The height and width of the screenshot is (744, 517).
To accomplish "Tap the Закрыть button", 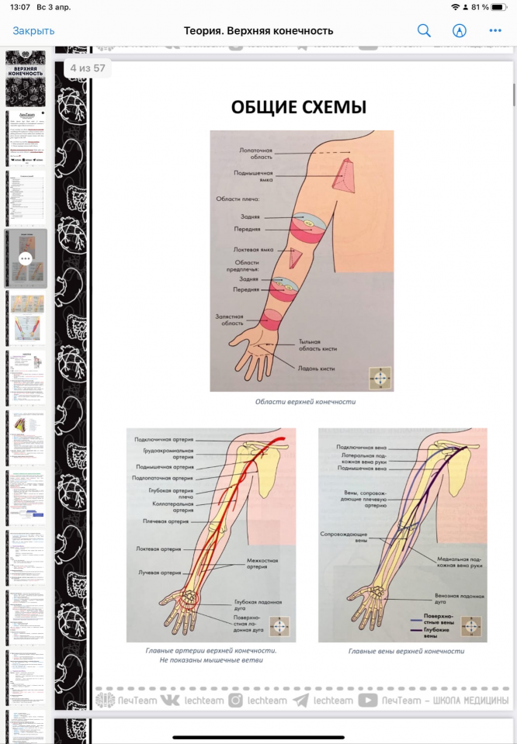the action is [x=33, y=31].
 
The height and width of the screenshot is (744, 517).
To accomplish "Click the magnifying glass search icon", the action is [x=424, y=31].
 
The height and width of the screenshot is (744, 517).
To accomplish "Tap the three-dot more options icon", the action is [x=495, y=31].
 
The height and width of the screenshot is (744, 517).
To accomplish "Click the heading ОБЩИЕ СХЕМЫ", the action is [x=299, y=107].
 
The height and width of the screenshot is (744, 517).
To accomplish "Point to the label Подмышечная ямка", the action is [x=255, y=178].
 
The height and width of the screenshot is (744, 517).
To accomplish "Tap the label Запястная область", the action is [x=230, y=320].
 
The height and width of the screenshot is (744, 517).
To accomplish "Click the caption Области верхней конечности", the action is [x=299, y=402].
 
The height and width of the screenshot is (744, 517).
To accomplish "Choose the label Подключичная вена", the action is [x=361, y=448].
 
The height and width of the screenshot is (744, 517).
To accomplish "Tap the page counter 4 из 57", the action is [x=87, y=68].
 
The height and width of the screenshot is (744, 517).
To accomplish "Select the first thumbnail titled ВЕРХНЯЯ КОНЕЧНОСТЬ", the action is [x=26, y=78].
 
